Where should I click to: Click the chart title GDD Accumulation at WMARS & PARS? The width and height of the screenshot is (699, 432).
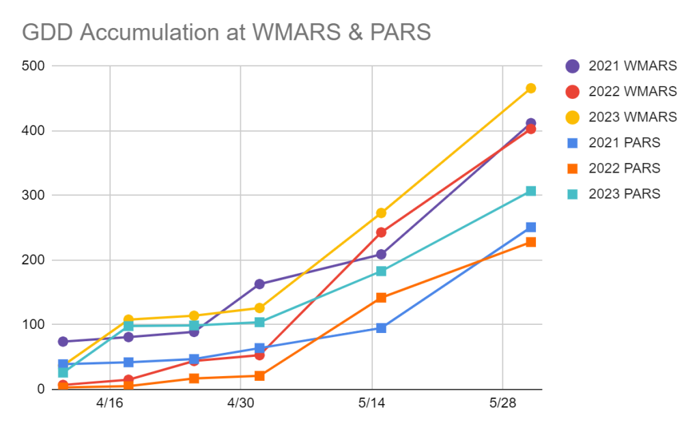click(227, 32)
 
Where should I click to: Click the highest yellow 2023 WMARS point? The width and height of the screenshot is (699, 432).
click(530, 88)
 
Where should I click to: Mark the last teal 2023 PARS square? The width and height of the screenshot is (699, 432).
click(530, 191)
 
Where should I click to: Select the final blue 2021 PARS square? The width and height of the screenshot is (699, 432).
click(530, 227)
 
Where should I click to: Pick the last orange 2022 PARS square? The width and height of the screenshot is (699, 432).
click(530, 242)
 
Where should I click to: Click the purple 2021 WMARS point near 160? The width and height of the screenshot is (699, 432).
click(259, 284)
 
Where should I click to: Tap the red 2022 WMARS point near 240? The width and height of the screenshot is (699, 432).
click(381, 233)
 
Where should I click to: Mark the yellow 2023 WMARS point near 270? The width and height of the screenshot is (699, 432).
click(381, 213)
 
